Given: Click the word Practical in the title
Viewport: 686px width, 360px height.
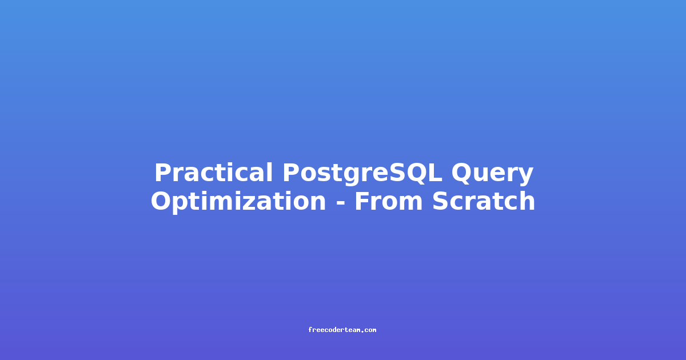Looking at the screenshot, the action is click(213, 173).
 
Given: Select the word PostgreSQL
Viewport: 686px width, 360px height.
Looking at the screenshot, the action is click(362, 174).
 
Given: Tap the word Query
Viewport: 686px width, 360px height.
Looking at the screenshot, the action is click(492, 174).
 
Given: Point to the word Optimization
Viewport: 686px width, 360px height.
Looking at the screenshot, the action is click(238, 202).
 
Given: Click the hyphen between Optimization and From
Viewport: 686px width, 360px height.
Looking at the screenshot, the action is click(341, 203).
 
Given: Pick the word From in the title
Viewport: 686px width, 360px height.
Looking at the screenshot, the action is click(389, 201).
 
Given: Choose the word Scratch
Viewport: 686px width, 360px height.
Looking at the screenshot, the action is click(484, 201).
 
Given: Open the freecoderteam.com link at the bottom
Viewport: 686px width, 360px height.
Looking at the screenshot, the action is click(342, 330).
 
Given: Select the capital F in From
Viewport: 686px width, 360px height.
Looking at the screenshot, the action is click(362, 201).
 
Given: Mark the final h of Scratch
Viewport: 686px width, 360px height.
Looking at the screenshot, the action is click(527, 201).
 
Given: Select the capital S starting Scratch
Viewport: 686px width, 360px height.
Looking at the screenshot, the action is click(440, 201).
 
